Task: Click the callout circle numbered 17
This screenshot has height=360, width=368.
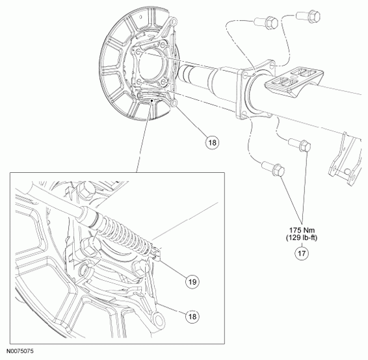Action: click(302, 253)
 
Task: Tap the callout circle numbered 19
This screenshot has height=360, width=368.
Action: click(192, 281)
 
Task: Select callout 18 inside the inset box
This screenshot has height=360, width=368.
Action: click(192, 316)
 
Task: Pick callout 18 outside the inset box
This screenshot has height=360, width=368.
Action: click(212, 142)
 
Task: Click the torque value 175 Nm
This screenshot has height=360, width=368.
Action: click(302, 230)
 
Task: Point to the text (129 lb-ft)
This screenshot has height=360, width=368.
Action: click(302, 238)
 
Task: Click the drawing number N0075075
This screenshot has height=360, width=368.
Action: click(20, 351)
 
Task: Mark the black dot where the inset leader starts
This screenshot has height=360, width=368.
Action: click(152, 100)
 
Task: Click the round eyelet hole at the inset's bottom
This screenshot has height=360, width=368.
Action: click(159, 320)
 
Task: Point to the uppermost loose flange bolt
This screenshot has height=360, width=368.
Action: click(308, 16)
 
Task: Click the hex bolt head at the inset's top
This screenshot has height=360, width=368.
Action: click(85, 190)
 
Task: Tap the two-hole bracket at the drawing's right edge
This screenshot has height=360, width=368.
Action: click(345, 159)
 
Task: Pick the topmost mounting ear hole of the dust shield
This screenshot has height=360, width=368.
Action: click(173, 22)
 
